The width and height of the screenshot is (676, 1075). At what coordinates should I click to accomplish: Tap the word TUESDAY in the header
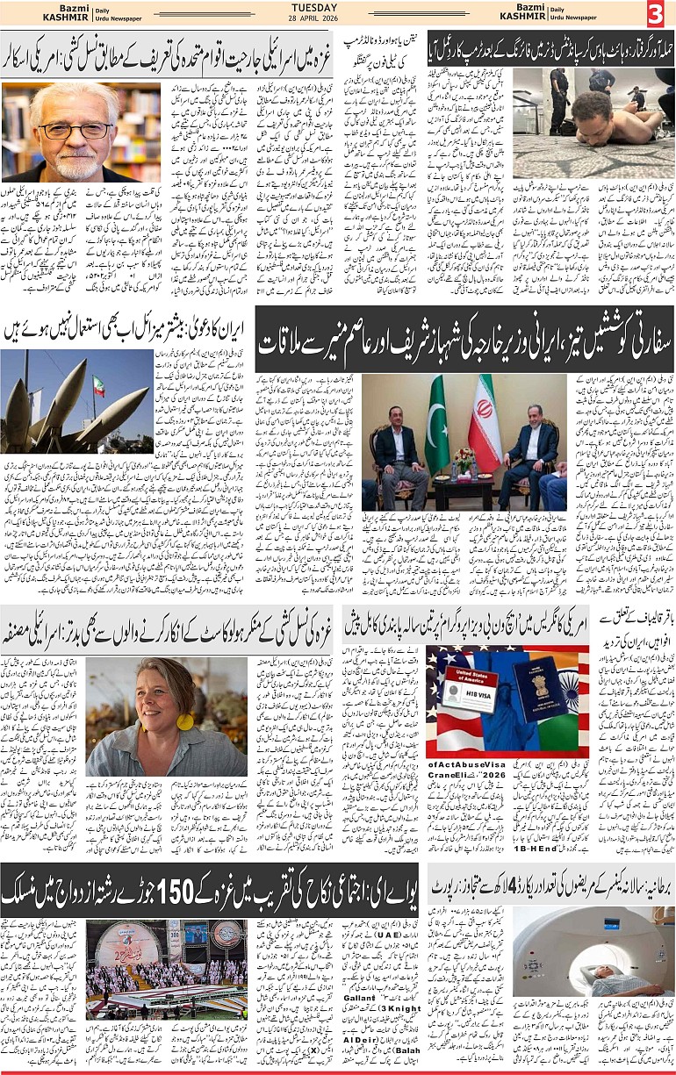338,6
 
